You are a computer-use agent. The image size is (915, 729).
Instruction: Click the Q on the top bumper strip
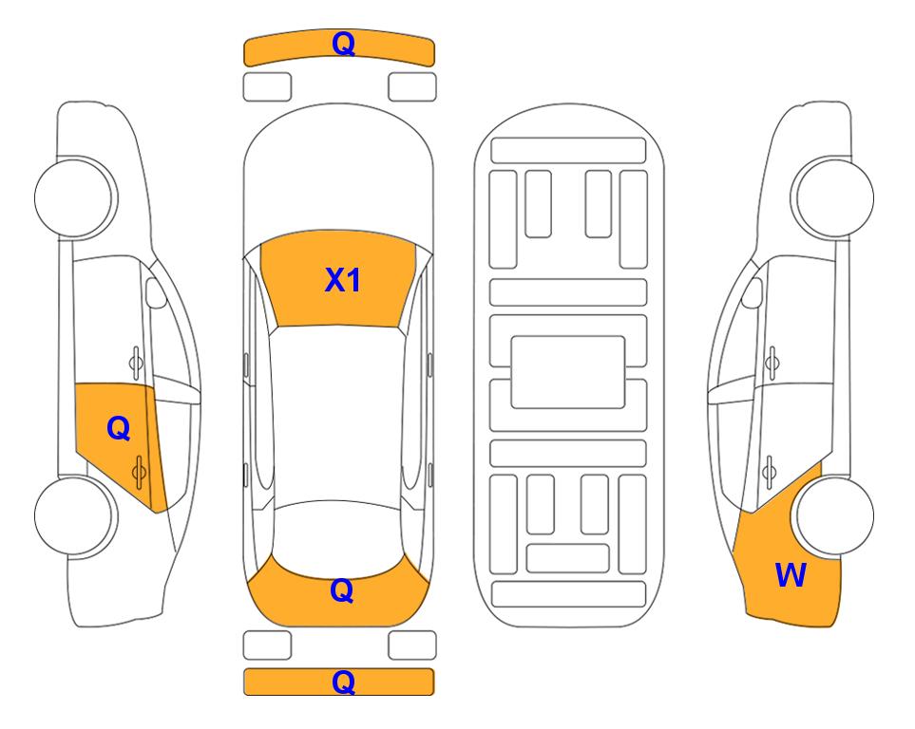(x=343, y=45)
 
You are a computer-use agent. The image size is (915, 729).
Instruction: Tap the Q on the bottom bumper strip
(x=343, y=682)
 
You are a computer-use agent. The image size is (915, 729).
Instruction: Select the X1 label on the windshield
(x=343, y=280)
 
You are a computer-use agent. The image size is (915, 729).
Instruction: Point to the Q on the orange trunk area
(x=342, y=590)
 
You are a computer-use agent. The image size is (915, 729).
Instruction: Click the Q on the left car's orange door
(x=119, y=429)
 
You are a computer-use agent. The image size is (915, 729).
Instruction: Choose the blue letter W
(x=791, y=575)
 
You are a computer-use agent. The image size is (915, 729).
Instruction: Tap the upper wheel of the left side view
(x=75, y=197)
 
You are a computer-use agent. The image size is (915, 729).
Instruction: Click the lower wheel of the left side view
(x=75, y=515)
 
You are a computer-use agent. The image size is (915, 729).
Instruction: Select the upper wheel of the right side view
(x=833, y=197)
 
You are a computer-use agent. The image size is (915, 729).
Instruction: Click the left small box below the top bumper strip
(x=267, y=87)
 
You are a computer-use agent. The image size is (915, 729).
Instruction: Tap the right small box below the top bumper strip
(x=412, y=87)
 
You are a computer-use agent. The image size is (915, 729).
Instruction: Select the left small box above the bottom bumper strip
(x=267, y=645)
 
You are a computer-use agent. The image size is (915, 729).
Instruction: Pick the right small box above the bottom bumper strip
(x=412, y=645)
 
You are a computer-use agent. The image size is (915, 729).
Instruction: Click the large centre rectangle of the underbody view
(x=568, y=372)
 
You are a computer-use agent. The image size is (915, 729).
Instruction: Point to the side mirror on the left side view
(x=156, y=292)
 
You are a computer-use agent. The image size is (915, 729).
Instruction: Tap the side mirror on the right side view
(x=753, y=292)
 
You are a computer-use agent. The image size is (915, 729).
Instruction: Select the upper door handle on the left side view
(x=136, y=363)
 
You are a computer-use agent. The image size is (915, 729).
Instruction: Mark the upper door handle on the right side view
(x=772, y=363)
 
